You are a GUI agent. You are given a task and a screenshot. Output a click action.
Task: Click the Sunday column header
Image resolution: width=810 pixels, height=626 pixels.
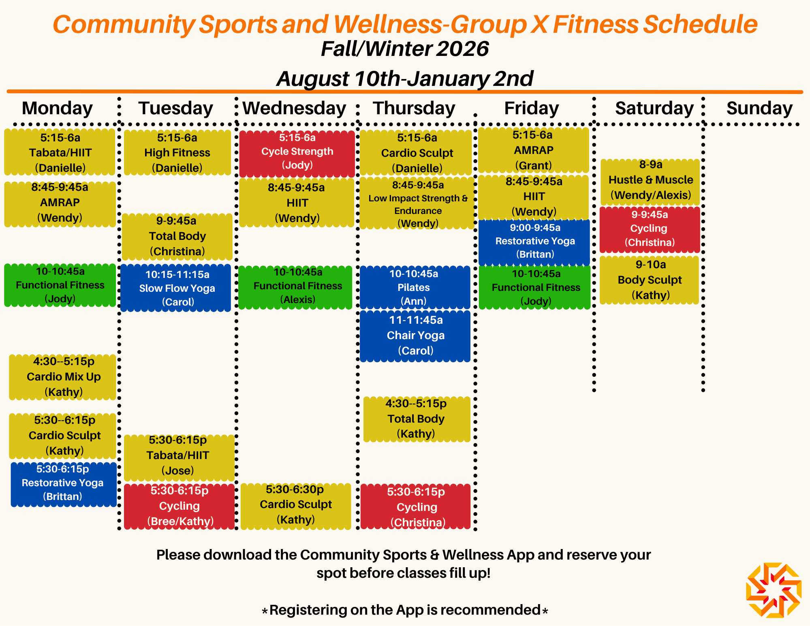tap(759, 108)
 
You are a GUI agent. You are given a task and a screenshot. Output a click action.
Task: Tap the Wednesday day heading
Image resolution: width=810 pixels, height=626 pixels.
tap(294, 108)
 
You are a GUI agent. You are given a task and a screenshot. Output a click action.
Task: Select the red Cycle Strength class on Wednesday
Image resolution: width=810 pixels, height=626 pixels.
tap(297, 154)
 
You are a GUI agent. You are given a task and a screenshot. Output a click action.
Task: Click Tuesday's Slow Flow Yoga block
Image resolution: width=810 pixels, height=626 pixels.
tap(176, 288)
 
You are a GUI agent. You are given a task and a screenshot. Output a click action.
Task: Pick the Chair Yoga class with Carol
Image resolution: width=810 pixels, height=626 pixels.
tap(415, 336)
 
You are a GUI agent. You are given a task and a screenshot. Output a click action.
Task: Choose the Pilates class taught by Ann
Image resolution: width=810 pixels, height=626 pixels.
tap(415, 287)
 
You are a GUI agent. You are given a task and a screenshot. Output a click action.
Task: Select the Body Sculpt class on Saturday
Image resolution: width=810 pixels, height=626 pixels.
tap(650, 280)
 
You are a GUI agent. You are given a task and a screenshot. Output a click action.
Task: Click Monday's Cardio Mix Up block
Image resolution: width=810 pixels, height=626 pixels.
tap(63, 377)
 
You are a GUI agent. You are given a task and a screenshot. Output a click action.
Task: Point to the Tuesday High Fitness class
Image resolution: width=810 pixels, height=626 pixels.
tap(177, 153)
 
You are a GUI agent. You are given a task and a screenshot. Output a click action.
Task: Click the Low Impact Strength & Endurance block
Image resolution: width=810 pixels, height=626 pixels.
tap(417, 204)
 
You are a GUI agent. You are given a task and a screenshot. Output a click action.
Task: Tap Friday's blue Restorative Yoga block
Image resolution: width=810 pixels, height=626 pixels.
tap(534, 242)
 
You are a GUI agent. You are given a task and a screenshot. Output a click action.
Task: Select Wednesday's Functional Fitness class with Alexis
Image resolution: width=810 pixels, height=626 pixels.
tap(295, 287)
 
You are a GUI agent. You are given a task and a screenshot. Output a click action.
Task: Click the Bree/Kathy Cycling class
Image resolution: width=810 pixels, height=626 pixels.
tap(179, 506)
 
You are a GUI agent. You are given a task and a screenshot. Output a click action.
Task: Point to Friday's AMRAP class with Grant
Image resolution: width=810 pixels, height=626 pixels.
tap(534, 150)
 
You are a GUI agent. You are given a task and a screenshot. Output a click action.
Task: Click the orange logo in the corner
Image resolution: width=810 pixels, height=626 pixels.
tap(774, 590)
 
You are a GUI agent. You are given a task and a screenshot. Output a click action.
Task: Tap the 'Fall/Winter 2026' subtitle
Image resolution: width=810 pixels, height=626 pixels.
tap(405, 49)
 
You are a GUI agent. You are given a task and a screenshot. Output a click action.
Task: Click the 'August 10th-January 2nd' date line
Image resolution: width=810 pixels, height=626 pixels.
tap(405, 79)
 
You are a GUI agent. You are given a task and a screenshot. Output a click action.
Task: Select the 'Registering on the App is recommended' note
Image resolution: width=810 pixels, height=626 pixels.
tap(405, 610)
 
